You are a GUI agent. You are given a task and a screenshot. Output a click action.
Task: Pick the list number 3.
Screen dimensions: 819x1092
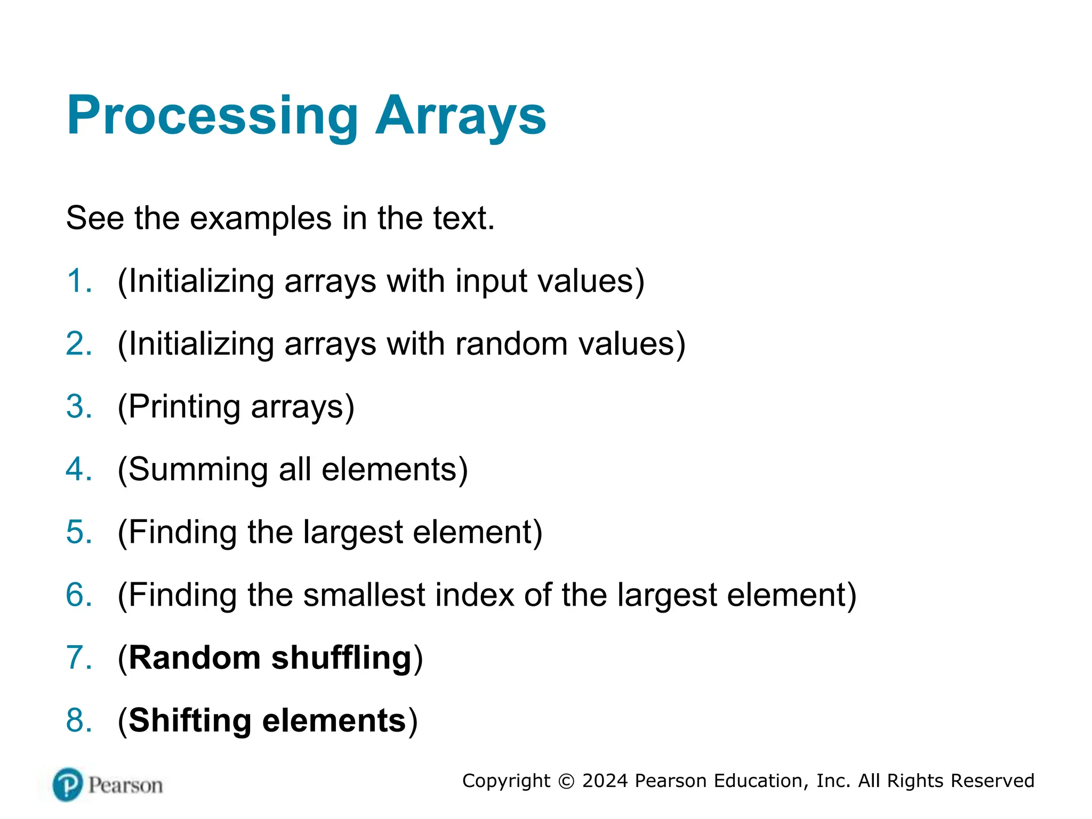point(78,407)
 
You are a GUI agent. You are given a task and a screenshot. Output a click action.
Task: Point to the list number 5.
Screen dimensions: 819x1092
point(78,532)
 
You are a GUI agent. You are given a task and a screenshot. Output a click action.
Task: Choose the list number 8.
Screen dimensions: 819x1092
point(78,720)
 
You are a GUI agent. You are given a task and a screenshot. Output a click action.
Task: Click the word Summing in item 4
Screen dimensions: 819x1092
point(198,470)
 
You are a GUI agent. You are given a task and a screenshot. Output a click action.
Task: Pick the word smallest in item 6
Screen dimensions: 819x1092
point(364,595)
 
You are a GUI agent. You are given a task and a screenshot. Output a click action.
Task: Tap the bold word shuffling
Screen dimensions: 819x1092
point(341,657)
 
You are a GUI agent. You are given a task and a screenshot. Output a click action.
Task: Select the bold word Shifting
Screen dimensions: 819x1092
point(190,720)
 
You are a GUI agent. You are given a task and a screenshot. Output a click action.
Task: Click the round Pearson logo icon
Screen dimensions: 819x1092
point(68,784)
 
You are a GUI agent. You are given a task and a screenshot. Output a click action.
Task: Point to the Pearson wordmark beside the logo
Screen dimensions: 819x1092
point(125,785)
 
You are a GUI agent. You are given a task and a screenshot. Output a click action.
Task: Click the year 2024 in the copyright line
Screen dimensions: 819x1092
point(605,781)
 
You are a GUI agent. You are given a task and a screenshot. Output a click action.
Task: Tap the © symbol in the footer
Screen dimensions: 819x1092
point(566,781)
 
